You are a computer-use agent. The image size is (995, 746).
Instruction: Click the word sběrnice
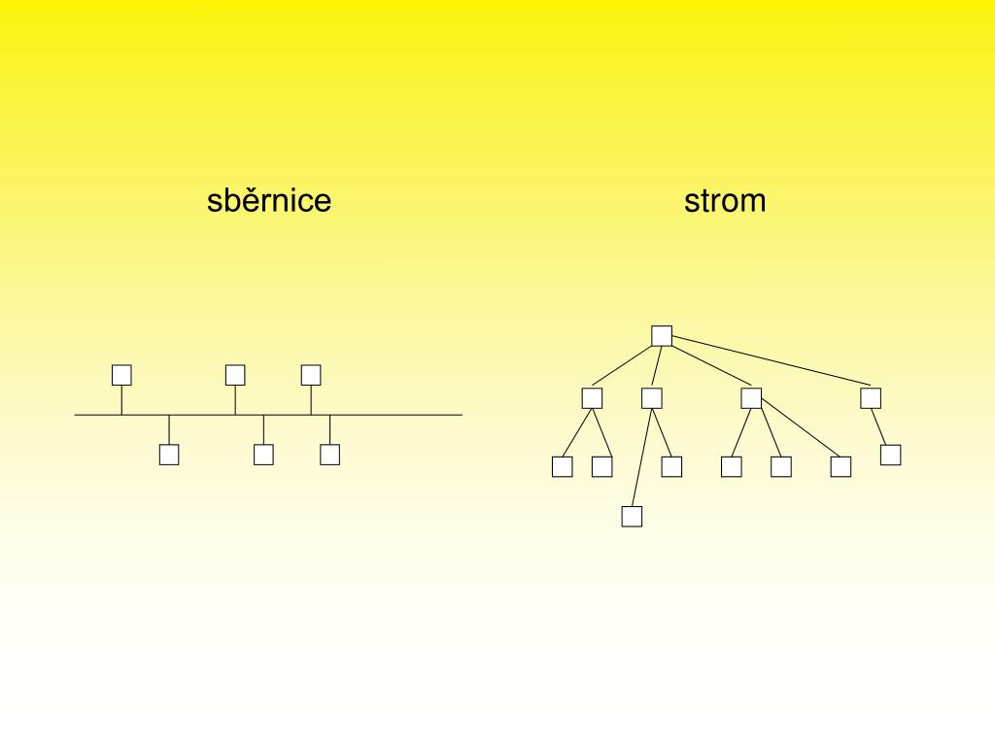tap(269, 201)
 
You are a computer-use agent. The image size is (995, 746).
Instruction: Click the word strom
tap(725, 201)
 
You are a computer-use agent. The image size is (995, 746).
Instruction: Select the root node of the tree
tap(662, 336)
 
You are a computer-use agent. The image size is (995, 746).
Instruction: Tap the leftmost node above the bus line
tap(121, 375)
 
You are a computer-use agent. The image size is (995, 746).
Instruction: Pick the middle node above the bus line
tap(235, 375)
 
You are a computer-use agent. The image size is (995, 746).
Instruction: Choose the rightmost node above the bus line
tap(311, 375)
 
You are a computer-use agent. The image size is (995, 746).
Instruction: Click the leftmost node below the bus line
tap(169, 454)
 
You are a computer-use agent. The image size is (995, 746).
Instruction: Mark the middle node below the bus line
tap(263, 454)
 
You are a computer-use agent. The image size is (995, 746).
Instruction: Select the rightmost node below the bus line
tap(330, 454)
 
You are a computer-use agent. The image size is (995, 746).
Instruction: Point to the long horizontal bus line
tap(408, 415)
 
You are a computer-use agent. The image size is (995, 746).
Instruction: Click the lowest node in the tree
tap(632, 517)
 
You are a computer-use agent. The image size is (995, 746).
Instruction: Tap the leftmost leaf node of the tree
tap(563, 467)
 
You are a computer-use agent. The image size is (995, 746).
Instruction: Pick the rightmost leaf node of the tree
tap(891, 455)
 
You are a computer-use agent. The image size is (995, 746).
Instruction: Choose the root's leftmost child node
tap(593, 398)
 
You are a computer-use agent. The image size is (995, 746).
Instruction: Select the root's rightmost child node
tap(871, 398)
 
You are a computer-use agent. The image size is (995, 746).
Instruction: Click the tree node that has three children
tap(751, 398)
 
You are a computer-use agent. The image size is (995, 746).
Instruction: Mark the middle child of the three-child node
tap(781, 467)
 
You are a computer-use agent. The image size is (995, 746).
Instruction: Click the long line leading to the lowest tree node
tap(641, 458)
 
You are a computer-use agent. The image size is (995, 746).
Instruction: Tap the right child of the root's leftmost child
tap(602, 467)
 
